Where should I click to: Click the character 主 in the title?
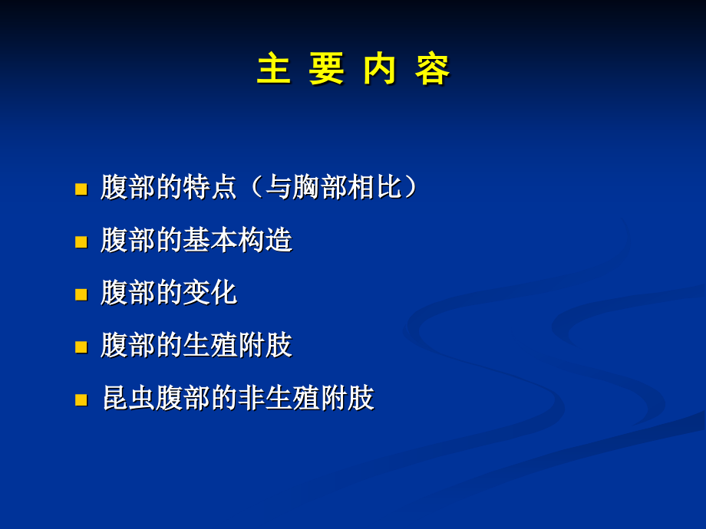273,70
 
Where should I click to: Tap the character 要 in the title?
326,70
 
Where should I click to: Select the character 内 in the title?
380,70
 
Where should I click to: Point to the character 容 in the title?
433,70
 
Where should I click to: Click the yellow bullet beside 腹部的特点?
81,189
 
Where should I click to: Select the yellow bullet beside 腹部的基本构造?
81,242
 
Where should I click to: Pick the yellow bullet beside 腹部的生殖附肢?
81,347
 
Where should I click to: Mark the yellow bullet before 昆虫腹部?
81,400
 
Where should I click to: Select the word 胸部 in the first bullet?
320,188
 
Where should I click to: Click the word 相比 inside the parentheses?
375,188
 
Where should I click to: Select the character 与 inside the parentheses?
279,188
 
